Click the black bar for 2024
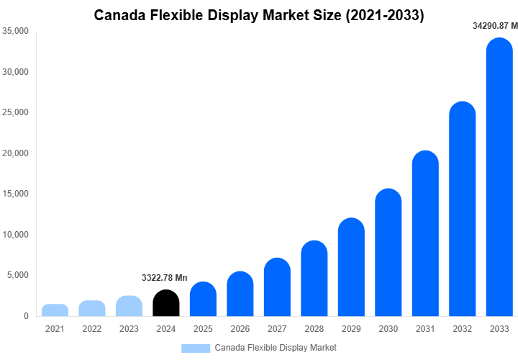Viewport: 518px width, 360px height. point(166,303)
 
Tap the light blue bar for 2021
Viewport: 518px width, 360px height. point(55,310)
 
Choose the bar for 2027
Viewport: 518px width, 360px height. point(277,287)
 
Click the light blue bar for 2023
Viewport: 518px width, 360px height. point(129,306)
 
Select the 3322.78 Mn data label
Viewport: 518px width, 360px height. point(165,278)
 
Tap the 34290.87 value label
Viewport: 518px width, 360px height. point(492,26)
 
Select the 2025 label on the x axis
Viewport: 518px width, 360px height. point(203,329)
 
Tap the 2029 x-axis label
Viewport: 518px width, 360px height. point(351,329)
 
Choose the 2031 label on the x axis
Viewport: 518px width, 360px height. point(425,329)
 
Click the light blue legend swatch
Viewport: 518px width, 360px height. point(196,348)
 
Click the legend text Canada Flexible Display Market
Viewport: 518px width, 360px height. point(276,348)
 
